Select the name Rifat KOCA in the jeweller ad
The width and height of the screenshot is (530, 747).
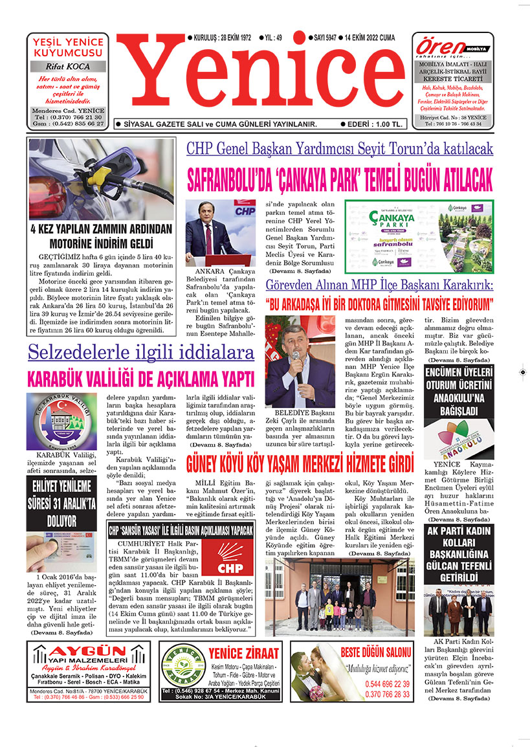click(67, 67)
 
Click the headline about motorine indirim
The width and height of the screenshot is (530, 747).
click(101, 236)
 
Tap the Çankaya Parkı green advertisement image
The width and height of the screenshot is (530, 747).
click(418, 236)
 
